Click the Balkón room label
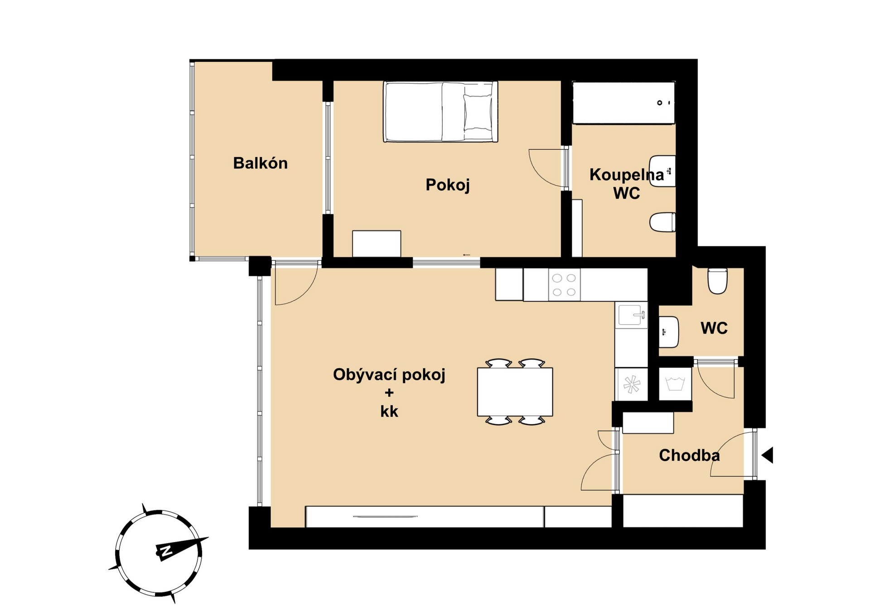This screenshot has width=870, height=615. click(260, 163)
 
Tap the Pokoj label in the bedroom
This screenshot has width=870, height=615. click(448, 185)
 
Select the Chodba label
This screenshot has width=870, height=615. click(689, 455)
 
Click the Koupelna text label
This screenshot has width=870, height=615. click(627, 175)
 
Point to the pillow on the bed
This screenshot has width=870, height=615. click(478, 112)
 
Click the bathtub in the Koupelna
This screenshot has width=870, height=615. click(624, 102)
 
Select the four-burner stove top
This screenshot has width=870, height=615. click(564, 285)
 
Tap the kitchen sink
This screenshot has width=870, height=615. click(631, 315)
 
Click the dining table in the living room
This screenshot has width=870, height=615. click(515, 392)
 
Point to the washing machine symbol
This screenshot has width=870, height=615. click(675, 384)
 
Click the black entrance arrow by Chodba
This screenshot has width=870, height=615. click(767, 455)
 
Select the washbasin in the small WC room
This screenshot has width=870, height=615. click(668, 332)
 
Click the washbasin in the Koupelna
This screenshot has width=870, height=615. click(662, 171)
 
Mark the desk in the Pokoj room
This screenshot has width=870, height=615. click(377, 244)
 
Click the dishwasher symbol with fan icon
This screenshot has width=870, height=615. click(631, 384)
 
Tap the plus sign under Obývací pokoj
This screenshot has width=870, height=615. click(389, 393)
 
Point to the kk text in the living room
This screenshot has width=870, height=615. click(389, 411)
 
